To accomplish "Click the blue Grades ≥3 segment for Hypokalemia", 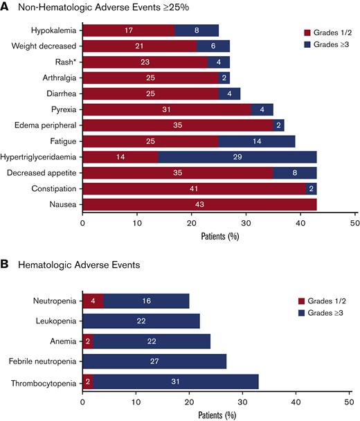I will [x=197, y=30].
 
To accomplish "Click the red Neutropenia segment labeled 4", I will [x=93, y=302].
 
